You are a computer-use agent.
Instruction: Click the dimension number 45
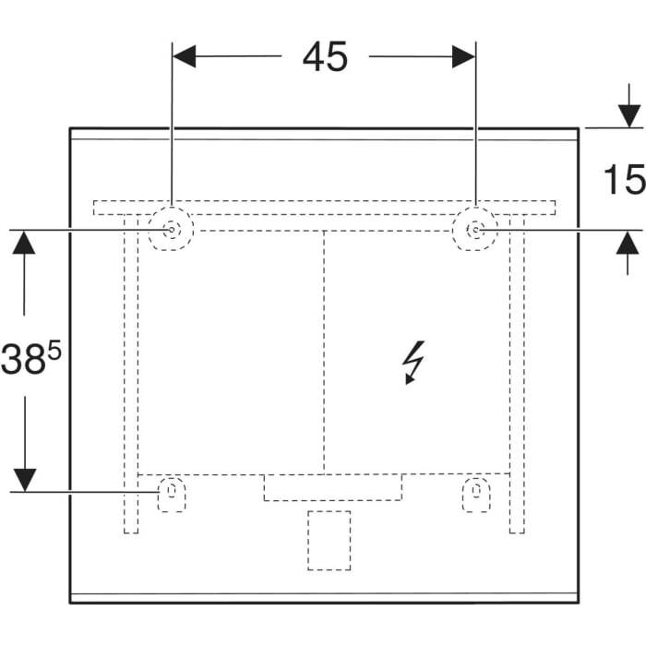pos(325,57)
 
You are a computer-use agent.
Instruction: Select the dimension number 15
pos(625,180)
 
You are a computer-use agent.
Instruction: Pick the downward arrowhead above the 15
pos(628,116)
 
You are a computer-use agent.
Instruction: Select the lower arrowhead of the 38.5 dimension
pos(25,479)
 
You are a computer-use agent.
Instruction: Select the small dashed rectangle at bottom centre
pos(329,539)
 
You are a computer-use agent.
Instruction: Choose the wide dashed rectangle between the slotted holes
pos(332,487)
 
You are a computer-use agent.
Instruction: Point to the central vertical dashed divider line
pos(324,351)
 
